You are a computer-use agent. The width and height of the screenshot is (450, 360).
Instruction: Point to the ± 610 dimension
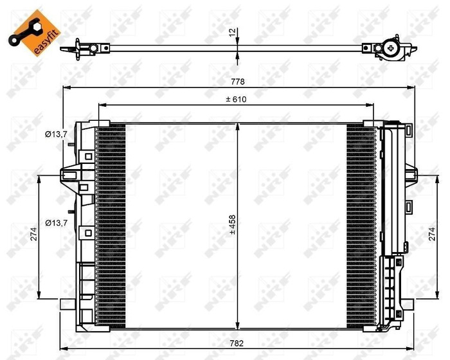point(237,99)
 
